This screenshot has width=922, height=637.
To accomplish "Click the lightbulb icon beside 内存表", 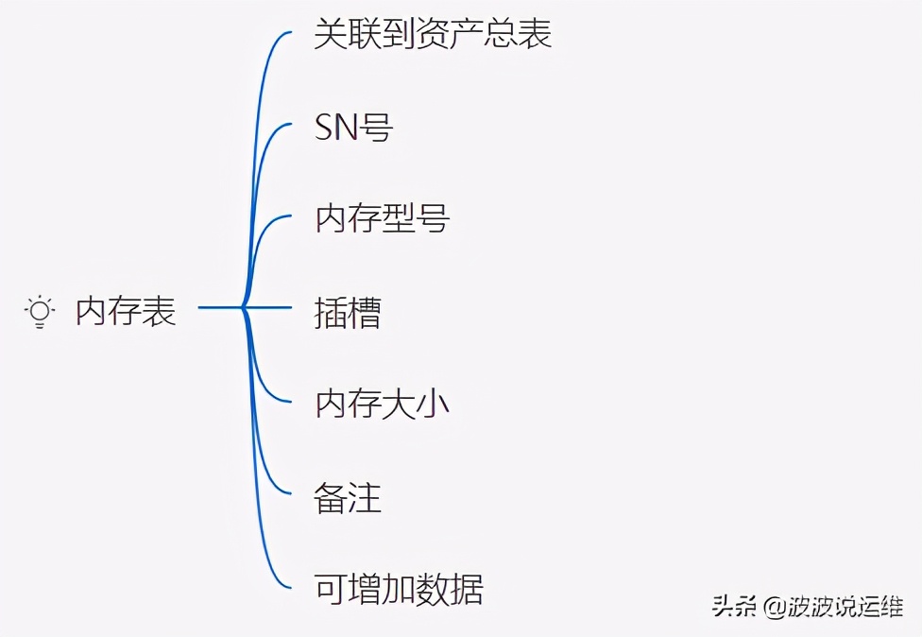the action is [40, 311].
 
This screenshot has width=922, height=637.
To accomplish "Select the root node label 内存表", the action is [127, 311].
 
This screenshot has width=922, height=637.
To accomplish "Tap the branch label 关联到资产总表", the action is [433, 34].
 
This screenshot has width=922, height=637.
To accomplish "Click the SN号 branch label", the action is [353, 127].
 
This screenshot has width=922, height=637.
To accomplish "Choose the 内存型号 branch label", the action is [382, 219].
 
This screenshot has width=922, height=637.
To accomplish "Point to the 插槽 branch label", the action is [348, 312].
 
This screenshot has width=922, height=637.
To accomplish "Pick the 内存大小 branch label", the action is [382, 405].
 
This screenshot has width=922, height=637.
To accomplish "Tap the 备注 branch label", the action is [348, 497].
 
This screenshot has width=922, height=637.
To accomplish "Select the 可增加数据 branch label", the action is [399, 589].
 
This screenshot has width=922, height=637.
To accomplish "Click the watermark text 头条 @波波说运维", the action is [808, 606].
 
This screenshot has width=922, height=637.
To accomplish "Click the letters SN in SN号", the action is [337, 127].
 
